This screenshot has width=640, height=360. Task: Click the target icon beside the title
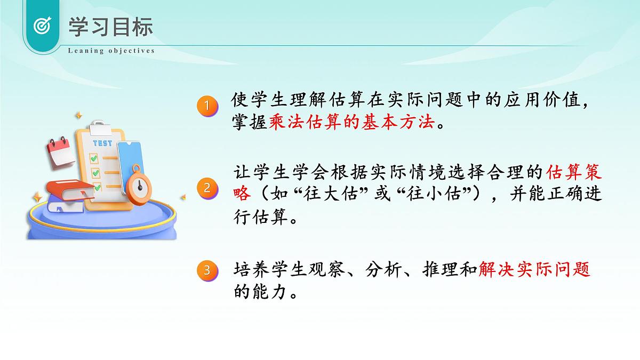(42, 25)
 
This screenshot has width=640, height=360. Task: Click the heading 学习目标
(110, 26)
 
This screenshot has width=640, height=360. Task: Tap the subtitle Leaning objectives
(111, 51)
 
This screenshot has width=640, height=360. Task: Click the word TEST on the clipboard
(102, 143)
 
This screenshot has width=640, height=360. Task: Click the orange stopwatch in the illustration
(139, 184)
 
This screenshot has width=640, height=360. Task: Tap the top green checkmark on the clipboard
(94, 158)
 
